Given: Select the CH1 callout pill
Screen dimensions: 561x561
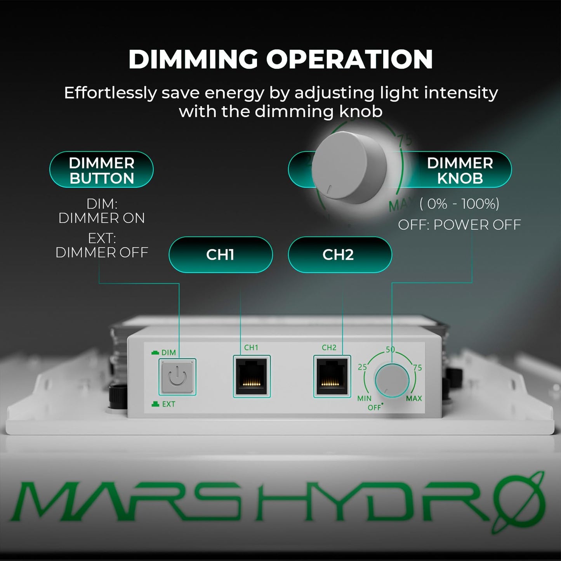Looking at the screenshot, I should tap(220, 255).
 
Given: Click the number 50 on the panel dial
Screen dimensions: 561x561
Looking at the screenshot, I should tap(390, 349).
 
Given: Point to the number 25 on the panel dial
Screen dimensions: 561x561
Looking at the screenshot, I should tap(362, 367).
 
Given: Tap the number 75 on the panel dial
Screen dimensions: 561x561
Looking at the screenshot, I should tap(417, 368).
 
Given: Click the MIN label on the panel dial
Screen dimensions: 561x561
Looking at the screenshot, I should tap(364, 398).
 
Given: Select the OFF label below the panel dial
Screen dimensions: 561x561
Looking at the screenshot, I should tap(374, 408).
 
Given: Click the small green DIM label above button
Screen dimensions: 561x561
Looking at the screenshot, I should tap(168, 353).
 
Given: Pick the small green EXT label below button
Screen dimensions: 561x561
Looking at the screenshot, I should tap(168, 404).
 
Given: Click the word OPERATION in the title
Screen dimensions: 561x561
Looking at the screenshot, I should tap(349, 59).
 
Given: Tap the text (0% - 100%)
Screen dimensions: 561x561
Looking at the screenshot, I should tap(459, 204).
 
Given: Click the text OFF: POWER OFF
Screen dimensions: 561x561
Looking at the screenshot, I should tap(459, 225).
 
